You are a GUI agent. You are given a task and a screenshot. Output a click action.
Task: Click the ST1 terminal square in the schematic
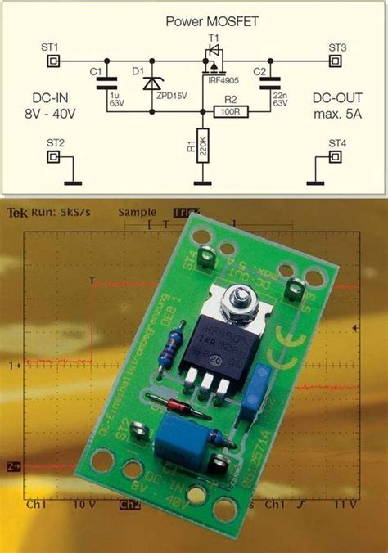point(53,61)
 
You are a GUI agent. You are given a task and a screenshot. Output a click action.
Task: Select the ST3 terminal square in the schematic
point(336,61)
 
